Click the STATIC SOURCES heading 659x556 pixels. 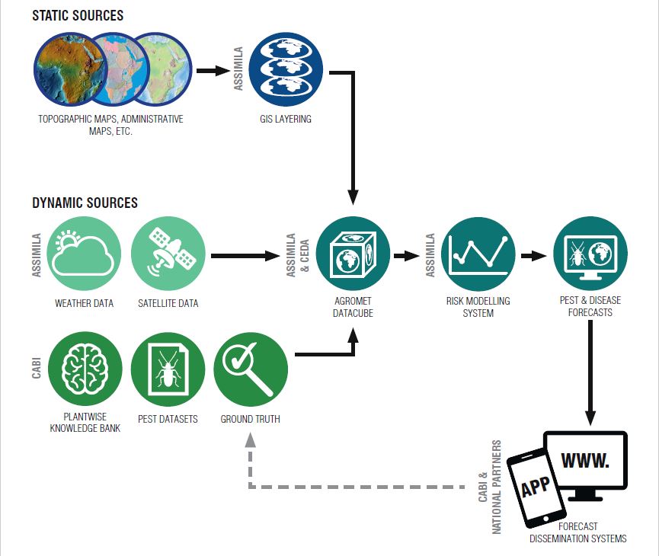pyautogui.click(x=78, y=15)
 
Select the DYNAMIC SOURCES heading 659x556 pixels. pyautogui.click(x=85, y=203)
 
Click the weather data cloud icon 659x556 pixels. pyautogui.click(x=84, y=255)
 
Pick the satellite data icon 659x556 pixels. pyautogui.click(x=168, y=255)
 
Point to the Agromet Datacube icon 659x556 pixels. pyautogui.click(x=353, y=255)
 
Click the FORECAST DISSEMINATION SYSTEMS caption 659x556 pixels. pyautogui.click(x=578, y=532)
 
